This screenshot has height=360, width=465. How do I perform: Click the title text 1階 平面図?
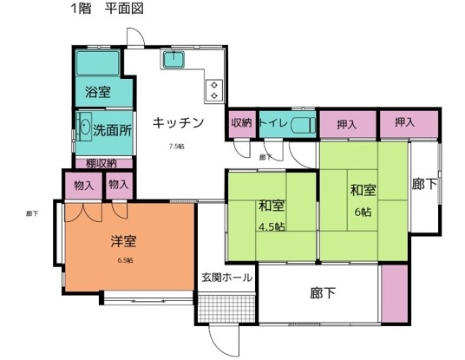pos(107,10)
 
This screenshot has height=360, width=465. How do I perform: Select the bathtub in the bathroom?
pos(98,63)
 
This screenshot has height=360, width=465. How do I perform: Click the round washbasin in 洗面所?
pos(84,126)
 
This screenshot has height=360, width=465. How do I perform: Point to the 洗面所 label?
pos(112,134)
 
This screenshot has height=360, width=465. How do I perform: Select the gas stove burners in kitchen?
pos(213,89)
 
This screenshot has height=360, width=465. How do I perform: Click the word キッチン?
pos(178,123)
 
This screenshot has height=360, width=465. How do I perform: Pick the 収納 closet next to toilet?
pos(240,123)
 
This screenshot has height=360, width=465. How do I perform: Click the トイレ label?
pos(273,123)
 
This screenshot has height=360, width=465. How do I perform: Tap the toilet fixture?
pos(303,124)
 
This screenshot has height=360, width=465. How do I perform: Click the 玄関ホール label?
pos(227,278)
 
